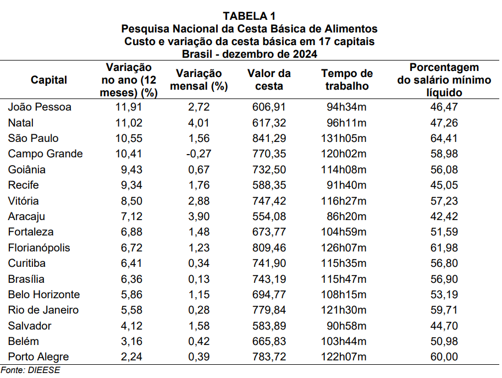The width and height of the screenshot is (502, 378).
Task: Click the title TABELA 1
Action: (x=249, y=15)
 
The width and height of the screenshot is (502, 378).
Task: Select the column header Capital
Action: (x=49, y=80)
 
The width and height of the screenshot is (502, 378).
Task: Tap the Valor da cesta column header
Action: (x=269, y=80)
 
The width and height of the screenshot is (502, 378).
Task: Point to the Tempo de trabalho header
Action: (x=347, y=80)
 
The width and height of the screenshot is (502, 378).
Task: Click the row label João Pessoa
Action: (x=40, y=107)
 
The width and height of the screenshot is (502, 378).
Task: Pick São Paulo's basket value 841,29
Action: (x=268, y=138)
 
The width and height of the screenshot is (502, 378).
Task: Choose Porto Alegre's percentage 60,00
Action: (x=444, y=357)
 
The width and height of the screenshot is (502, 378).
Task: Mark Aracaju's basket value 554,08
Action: (x=268, y=216)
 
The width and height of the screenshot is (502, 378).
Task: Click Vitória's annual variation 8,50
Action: (x=131, y=201)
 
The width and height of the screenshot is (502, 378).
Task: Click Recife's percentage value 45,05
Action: (x=444, y=185)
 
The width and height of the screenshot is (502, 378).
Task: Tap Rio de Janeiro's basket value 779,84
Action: (x=268, y=310)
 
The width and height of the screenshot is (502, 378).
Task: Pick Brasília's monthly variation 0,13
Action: (x=200, y=279)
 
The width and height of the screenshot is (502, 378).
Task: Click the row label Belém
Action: (x=24, y=341)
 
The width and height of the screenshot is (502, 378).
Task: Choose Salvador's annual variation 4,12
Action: (x=131, y=326)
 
